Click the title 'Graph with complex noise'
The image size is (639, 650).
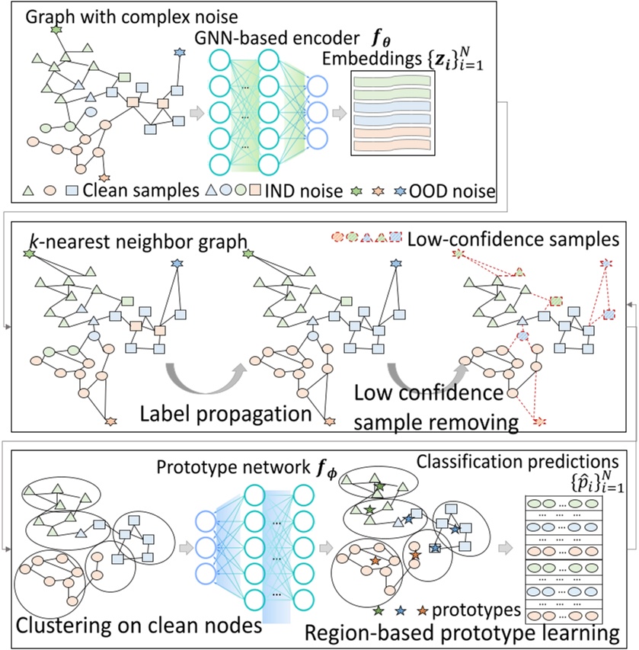point(132,17)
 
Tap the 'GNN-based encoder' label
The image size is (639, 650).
point(276,38)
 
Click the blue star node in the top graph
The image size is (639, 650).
point(180,53)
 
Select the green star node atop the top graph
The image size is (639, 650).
point(56,30)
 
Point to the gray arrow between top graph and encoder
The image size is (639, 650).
point(196,113)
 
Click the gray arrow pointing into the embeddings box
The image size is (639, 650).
point(340,113)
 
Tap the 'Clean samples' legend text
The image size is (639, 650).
point(141,191)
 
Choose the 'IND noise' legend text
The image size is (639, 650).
point(303,191)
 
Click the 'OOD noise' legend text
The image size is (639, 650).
point(452,191)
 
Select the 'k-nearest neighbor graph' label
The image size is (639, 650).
point(138,242)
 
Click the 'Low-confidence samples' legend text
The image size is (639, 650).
point(513,239)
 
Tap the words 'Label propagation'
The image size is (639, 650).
point(226,414)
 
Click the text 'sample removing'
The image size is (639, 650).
point(436,422)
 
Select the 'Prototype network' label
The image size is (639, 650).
point(233,467)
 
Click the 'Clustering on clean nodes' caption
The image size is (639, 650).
point(139,625)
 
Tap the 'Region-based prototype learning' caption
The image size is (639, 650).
point(462,633)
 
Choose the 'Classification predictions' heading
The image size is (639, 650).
point(518,461)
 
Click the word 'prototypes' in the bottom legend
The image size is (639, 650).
point(476,610)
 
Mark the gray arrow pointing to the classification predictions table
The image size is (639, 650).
point(506,548)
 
